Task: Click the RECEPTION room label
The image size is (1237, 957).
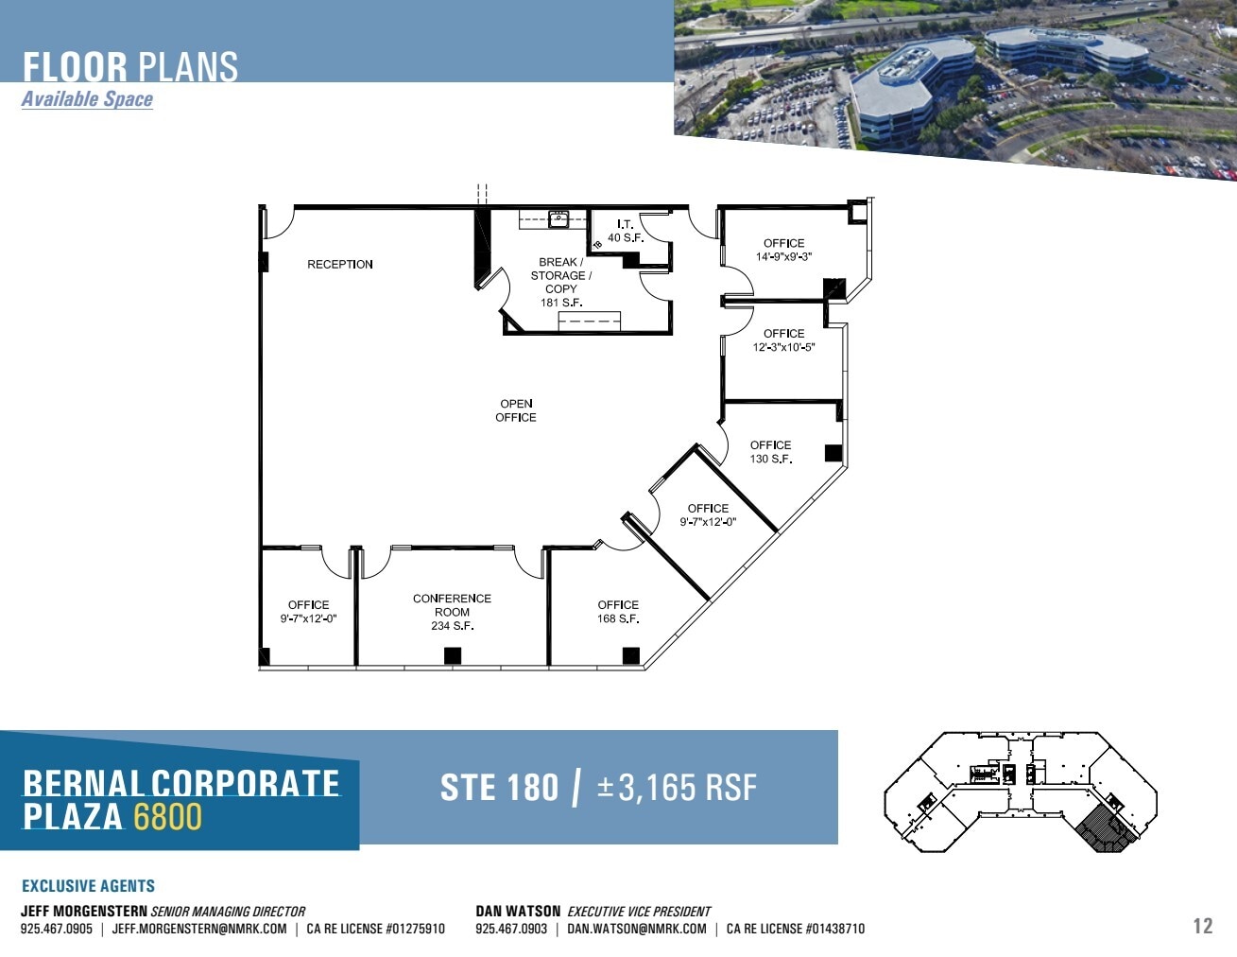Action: [339, 265]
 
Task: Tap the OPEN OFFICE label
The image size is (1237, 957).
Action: [516, 410]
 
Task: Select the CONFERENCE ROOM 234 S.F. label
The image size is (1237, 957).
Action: [452, 612]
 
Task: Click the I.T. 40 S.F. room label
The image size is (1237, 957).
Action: [625, 231]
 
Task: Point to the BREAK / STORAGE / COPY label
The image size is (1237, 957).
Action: [560, 282]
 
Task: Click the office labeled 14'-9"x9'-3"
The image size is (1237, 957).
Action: [783, 250]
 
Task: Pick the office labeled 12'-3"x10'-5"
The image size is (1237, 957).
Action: [783, 340]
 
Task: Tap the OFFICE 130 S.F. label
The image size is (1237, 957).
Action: [770, 452]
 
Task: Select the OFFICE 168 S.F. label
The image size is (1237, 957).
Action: [618, 612]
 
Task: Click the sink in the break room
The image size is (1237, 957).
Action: [558, 220]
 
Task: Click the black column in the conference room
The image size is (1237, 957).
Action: [453, 654]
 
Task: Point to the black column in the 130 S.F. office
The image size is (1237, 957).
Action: [833, 453]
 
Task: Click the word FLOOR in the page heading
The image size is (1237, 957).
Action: [75, 67]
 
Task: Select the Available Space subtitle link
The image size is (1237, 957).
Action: [87, 99]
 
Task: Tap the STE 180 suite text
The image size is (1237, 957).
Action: [499, 788]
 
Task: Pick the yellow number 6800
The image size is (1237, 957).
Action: [167, 816]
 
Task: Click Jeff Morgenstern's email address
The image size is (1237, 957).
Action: [199, 929]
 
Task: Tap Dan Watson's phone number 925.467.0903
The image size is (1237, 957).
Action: [511, 929]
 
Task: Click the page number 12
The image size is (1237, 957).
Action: [1202, 926]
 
